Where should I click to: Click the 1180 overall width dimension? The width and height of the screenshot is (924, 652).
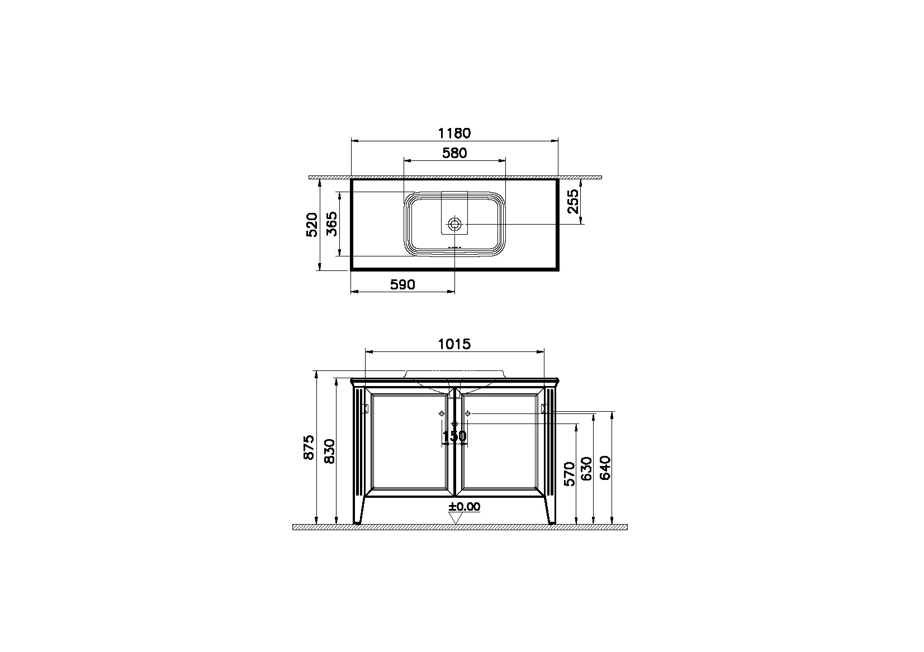454,133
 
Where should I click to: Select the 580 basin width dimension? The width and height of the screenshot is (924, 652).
454,153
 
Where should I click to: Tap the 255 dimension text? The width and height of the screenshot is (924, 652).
573,201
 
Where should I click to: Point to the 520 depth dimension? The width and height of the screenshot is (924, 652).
312,224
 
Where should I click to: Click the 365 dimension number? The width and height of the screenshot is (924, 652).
331,224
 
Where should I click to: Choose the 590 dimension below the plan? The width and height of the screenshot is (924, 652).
402,284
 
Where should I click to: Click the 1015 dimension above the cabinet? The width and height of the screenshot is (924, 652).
454,344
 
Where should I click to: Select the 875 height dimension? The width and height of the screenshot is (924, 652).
309,447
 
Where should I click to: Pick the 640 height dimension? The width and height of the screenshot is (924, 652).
606,468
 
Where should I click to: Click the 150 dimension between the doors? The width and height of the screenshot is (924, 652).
454,435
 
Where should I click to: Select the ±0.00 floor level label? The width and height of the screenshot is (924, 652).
464,507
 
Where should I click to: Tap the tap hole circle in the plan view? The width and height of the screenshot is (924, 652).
455,224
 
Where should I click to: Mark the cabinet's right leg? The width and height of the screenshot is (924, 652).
550,511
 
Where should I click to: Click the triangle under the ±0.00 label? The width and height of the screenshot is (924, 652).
456,517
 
